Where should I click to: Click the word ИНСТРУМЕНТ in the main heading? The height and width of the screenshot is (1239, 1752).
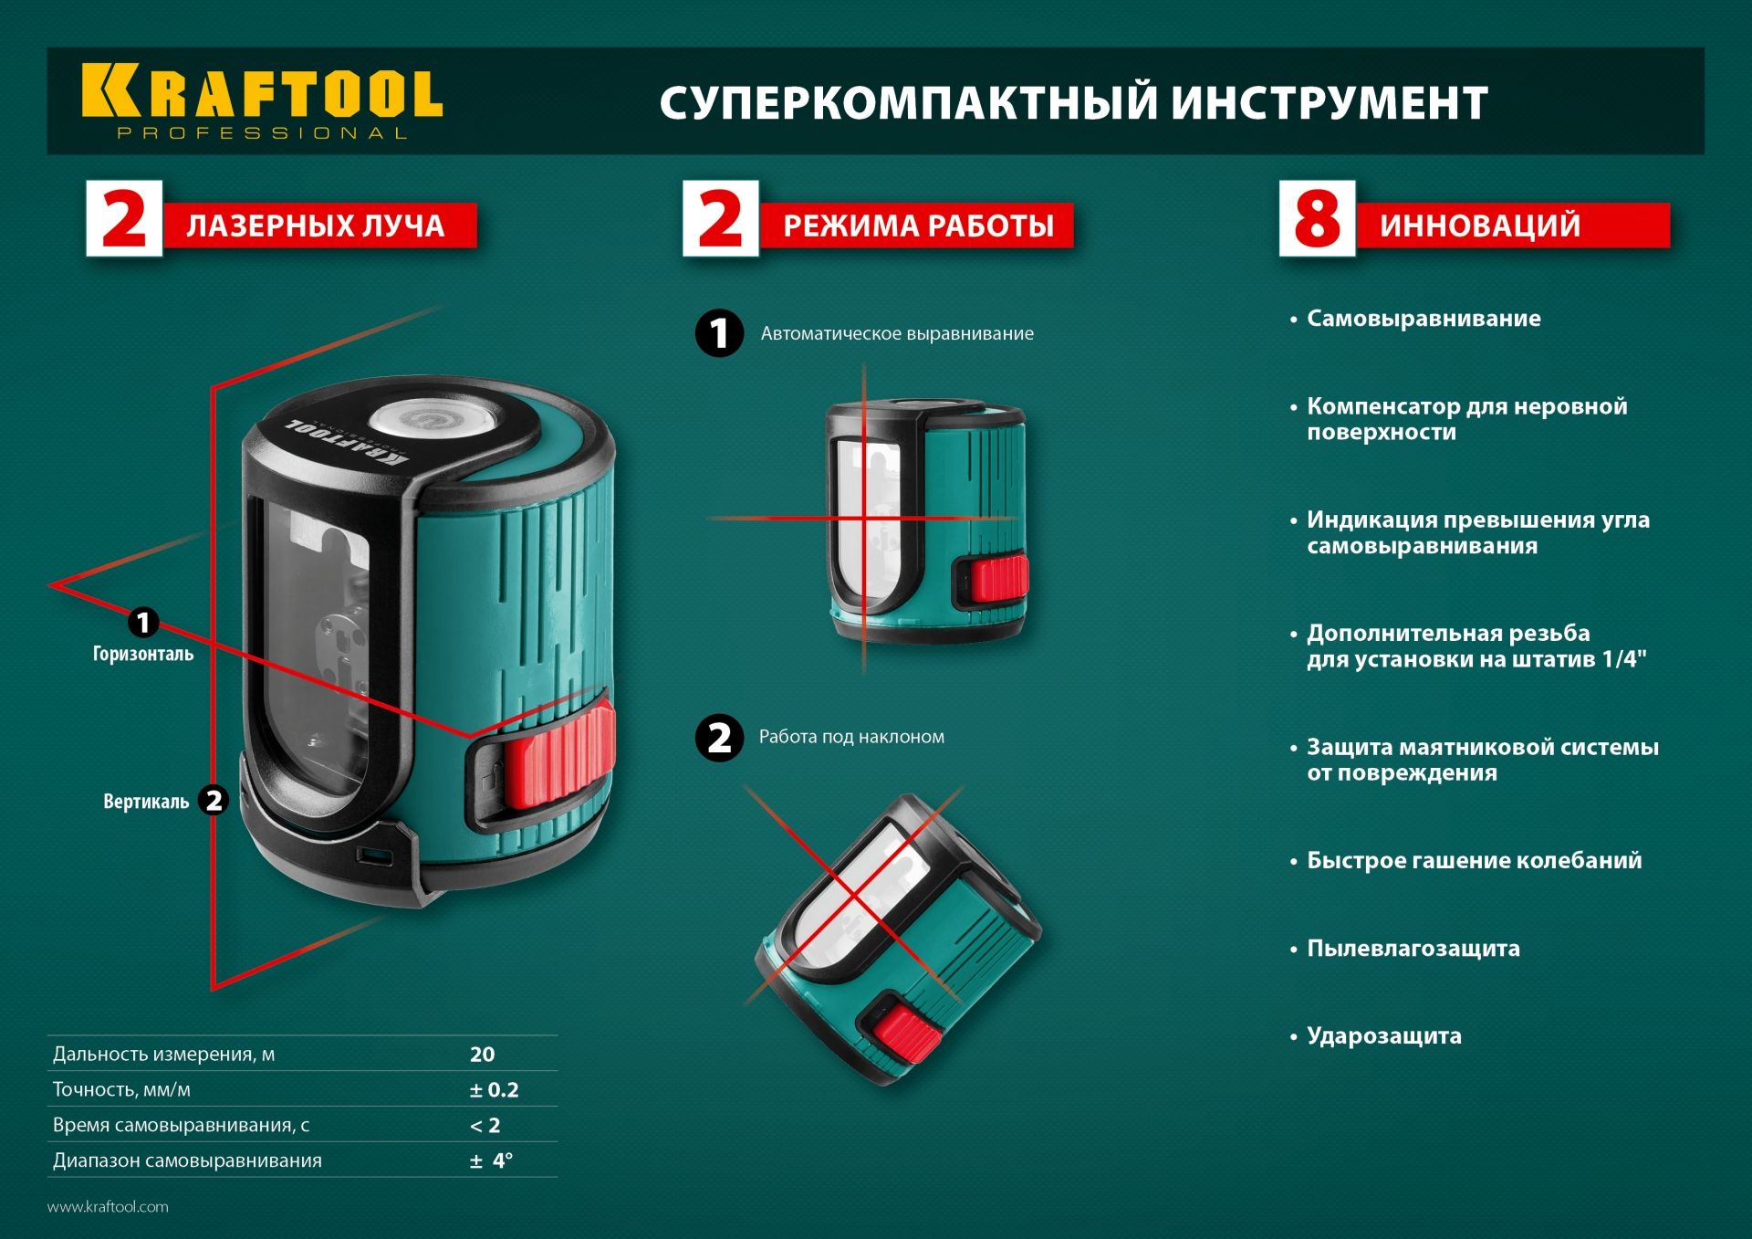coord(1330,102)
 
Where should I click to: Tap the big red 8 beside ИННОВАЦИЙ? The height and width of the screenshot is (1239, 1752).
coord(1317,219)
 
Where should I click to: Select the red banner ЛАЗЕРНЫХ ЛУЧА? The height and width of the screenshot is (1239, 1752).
coord(316,226)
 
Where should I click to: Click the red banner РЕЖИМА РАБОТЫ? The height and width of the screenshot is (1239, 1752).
coord(918,226)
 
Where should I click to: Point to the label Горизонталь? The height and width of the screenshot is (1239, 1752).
coord(143,654)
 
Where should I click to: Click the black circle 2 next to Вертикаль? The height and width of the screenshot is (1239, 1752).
coord(214,801)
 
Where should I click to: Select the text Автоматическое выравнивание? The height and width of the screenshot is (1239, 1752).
coord(897,334)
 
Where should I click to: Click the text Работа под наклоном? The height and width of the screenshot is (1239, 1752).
coord(851,737)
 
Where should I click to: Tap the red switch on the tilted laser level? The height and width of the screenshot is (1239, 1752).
coord(907,1035)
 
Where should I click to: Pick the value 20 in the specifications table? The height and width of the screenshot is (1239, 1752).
coord(482,1055)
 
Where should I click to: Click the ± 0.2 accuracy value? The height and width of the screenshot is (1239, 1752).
coord(494,1090)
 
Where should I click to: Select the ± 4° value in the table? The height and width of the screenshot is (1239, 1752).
coord(491,1161)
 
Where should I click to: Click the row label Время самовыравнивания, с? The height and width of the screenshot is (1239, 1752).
coord(181,1126)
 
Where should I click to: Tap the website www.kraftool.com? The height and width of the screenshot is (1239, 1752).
coord(108,1207)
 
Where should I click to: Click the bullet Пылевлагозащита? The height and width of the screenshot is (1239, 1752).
coord(1413,949)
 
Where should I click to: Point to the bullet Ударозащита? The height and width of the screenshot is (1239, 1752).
coord(1383,1036)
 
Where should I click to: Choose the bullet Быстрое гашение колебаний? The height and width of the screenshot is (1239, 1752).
coord(1474,861)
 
